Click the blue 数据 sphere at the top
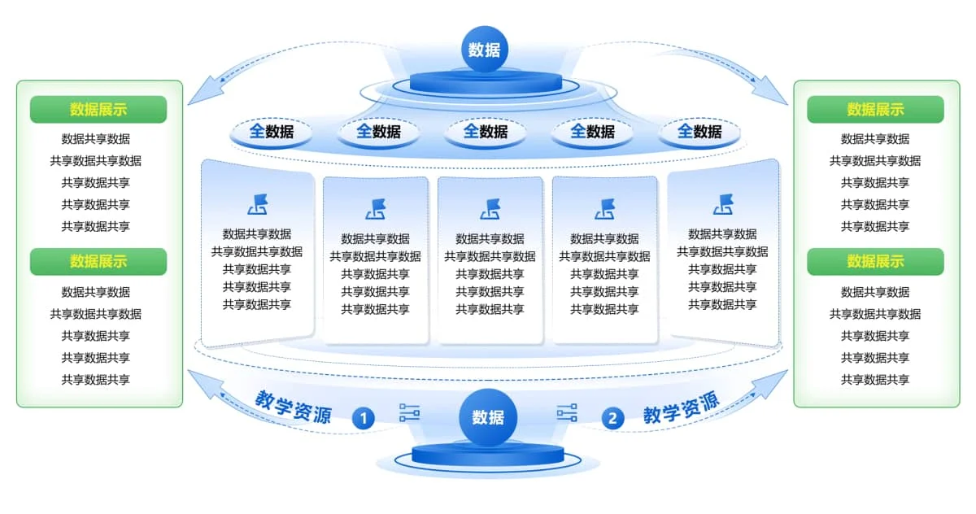pyautogui.click(x=485, y=49)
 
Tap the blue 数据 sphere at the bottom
pyautogui.click(x=488, y=417)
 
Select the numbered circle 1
pyautogui.click(x=364, y=419)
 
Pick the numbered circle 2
pyautogui.click(x=612, y=419)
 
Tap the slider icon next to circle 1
pyautogui.click(x=409, y=413)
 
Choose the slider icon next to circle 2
pyautogui.click(x=567, y=413)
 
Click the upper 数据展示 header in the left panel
pyautogui.click(x=98, y=109)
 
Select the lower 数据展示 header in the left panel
pyautogui.click(x=98, y=261)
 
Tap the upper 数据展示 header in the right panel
pyautogui.click(x=875, y=109)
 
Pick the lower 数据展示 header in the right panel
pyautogui.click(x=875, y=261)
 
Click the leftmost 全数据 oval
pyautogui.click(x=272, y=131)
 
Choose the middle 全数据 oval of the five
pyautogui.click(x=486, y=131)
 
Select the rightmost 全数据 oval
pyautogui.click(x=699, y=131)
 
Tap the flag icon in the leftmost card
pyautogui.click(x=257, y=204)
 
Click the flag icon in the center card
pyautogui.click(x=490, y=209)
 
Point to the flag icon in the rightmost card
pyautogui.click(x=722, y=204)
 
